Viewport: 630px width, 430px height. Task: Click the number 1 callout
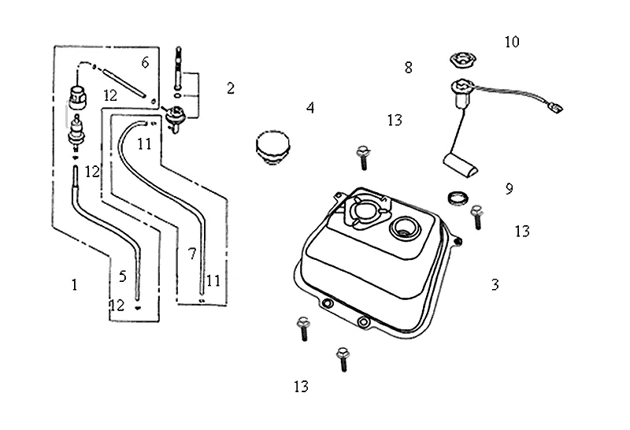75,284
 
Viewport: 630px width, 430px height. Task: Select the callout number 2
231,88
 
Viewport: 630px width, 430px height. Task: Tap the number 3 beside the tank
495,284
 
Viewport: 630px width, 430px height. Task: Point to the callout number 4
310,108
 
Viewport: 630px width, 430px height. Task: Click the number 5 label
123,276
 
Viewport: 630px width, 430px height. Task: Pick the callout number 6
145,62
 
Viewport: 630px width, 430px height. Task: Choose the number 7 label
191,254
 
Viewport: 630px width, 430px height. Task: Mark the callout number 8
408,68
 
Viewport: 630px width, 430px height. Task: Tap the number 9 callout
510,188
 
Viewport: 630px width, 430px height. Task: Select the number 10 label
512,42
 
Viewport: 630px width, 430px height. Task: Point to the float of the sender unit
461,164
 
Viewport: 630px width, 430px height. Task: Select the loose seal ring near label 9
457,197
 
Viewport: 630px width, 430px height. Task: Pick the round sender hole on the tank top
405,228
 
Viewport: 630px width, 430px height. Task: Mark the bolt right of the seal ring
476,216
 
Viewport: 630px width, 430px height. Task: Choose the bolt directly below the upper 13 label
364,156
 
